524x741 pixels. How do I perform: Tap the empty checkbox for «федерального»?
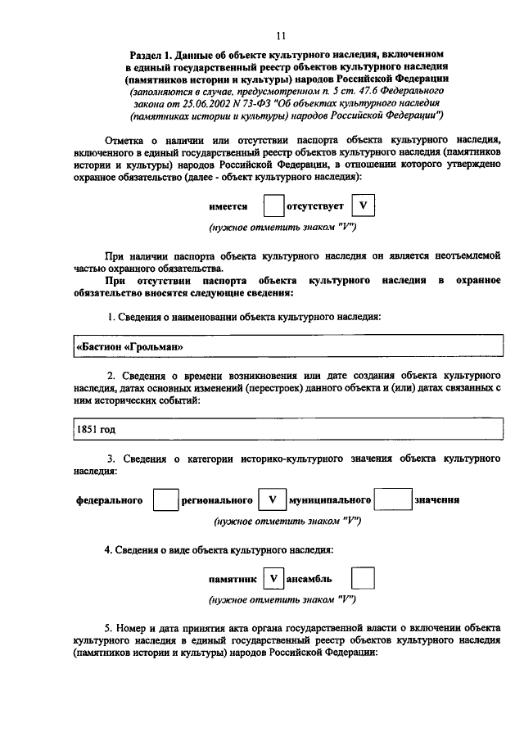click(x=165, y=499)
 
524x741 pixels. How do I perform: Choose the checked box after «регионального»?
click(x=271, y=499)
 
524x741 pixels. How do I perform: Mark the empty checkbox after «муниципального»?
click(x=397, y=499)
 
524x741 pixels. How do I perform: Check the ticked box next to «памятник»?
click(x=273, y=579)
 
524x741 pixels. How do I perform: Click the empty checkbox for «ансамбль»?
click(x=362, y=579)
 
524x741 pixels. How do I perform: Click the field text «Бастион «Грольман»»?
click(x=129, y=346)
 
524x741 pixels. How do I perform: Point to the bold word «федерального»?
click(x=110, y=499)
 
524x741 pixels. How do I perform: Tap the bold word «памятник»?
click(x=233, y=579)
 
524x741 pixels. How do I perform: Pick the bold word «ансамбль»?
click(x=309, y=579)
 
